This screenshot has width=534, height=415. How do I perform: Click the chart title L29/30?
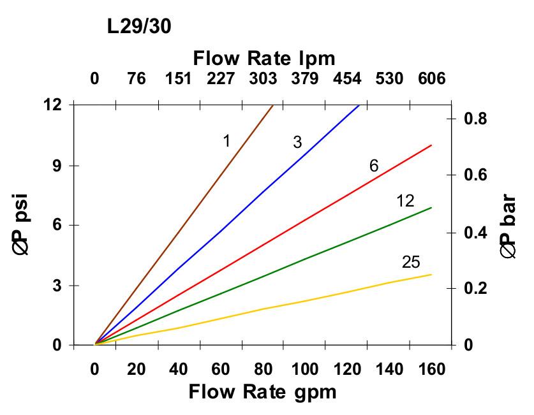coord(138,26)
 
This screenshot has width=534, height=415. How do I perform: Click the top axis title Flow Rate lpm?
coord(264,59)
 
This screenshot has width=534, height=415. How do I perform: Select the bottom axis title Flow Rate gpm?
coord(262,391)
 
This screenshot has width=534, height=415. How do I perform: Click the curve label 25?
coord(411,262)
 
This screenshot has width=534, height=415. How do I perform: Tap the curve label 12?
coord(405,201)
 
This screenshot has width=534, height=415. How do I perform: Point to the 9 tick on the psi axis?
coord(56,165)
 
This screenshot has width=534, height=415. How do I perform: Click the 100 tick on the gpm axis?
coord(305,369)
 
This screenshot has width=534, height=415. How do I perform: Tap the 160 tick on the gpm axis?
coord(431,369)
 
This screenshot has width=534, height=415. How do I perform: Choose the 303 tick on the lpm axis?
coord(263,79)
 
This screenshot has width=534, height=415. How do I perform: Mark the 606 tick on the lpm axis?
coord(431,79)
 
